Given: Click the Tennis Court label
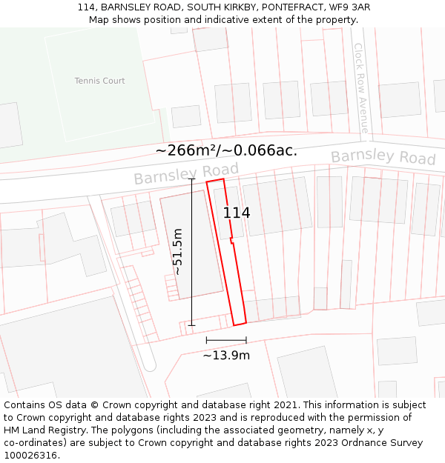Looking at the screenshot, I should coord(99,81).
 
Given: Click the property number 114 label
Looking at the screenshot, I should coord(237,213).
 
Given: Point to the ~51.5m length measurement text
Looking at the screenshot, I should coord(177,252).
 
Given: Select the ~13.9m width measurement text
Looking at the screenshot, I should coord(226,355).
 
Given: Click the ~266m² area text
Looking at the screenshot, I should coord(185,150).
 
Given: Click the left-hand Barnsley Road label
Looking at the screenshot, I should coord(186,174).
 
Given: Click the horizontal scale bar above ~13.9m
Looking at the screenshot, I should coord(226,340).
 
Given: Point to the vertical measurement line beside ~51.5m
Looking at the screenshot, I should coord(191,252).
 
